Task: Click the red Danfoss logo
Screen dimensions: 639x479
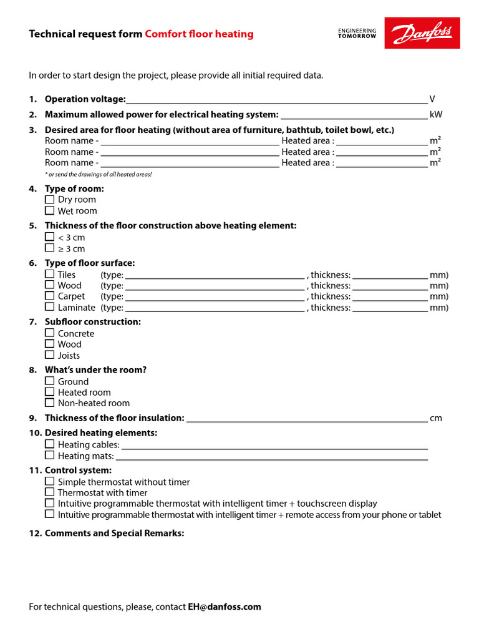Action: pyautogui.click(x=422, y=33)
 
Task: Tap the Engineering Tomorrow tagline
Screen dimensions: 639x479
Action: pyautogui.click(x=357, y=33)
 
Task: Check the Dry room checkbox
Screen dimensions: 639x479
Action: pyautogui.click(x=50, y=200)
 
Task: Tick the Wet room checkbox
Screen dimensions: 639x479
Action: pyautogui.click(x=50, y=211)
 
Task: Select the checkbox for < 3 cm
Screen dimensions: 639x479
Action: pyautogui.click(x=50, y=237)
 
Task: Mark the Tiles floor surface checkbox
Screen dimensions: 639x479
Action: pyautogui.click(x=50, y=275)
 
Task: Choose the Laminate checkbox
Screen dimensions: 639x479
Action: pyautogui.click(x=50, y=307)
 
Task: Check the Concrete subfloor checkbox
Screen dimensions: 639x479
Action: pyautogui.click(x=50, y=333)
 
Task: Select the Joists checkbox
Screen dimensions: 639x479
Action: pyautogui.click(x=50, y=355)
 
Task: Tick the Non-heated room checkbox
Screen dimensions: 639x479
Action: pyautogui.click(x=50, y=403)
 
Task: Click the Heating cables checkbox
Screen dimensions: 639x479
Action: pyautogui.click(x=50, y=445)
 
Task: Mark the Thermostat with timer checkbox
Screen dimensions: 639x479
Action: pyautogui.click(x=50, y=492)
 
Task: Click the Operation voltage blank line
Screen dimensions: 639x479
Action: pyautogui.click(x=276, y=100)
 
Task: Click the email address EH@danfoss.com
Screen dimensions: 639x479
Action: pyautogui.click(x=225, y=607)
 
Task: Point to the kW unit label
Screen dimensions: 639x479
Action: pyautogui.click(x=436, y=115)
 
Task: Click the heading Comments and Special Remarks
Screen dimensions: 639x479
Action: pyautogui.click(x=114, y=534)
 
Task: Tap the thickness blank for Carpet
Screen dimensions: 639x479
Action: pyautogui.click(x=390, y=297)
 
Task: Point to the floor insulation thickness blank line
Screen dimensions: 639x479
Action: pyautogui.click(x=307, y=419)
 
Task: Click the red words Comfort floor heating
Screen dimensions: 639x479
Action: pyautogui.click(x=199, y=34)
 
